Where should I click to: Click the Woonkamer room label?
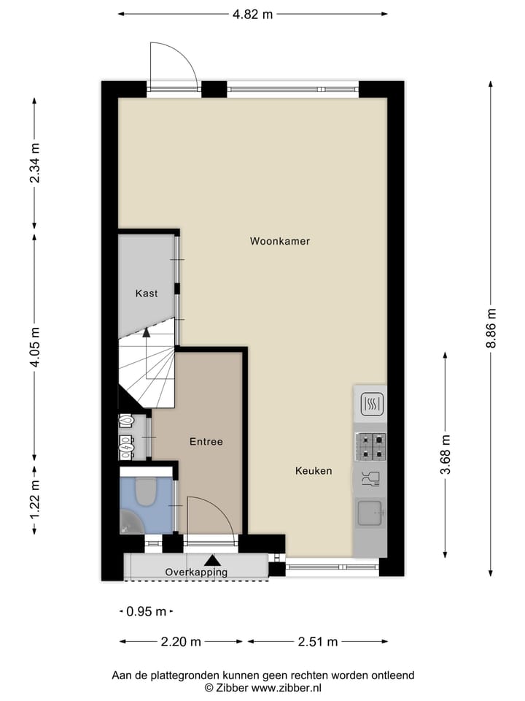(x=280, y=241)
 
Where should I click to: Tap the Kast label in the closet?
(x=146, y=294)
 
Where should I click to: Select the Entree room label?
(x=206, y=442)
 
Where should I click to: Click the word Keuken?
(x=314, y=471)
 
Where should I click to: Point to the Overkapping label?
(x=196, y=572)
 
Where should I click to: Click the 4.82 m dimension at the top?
(x=252, y=14)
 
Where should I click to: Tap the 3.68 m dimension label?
(x=446, y=455)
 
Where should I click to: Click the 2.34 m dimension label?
(x=35, y=163)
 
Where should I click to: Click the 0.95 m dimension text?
(x=147, y=612)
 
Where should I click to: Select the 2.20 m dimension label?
(x=181, y=642)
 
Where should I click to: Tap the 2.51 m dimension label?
(x=317, y=642)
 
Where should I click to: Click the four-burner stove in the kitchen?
(x=370, y=446)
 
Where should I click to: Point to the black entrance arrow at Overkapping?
(x=212, y=560)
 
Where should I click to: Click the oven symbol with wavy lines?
(x=370, y=403)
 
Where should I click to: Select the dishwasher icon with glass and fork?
(x=370, y=479)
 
